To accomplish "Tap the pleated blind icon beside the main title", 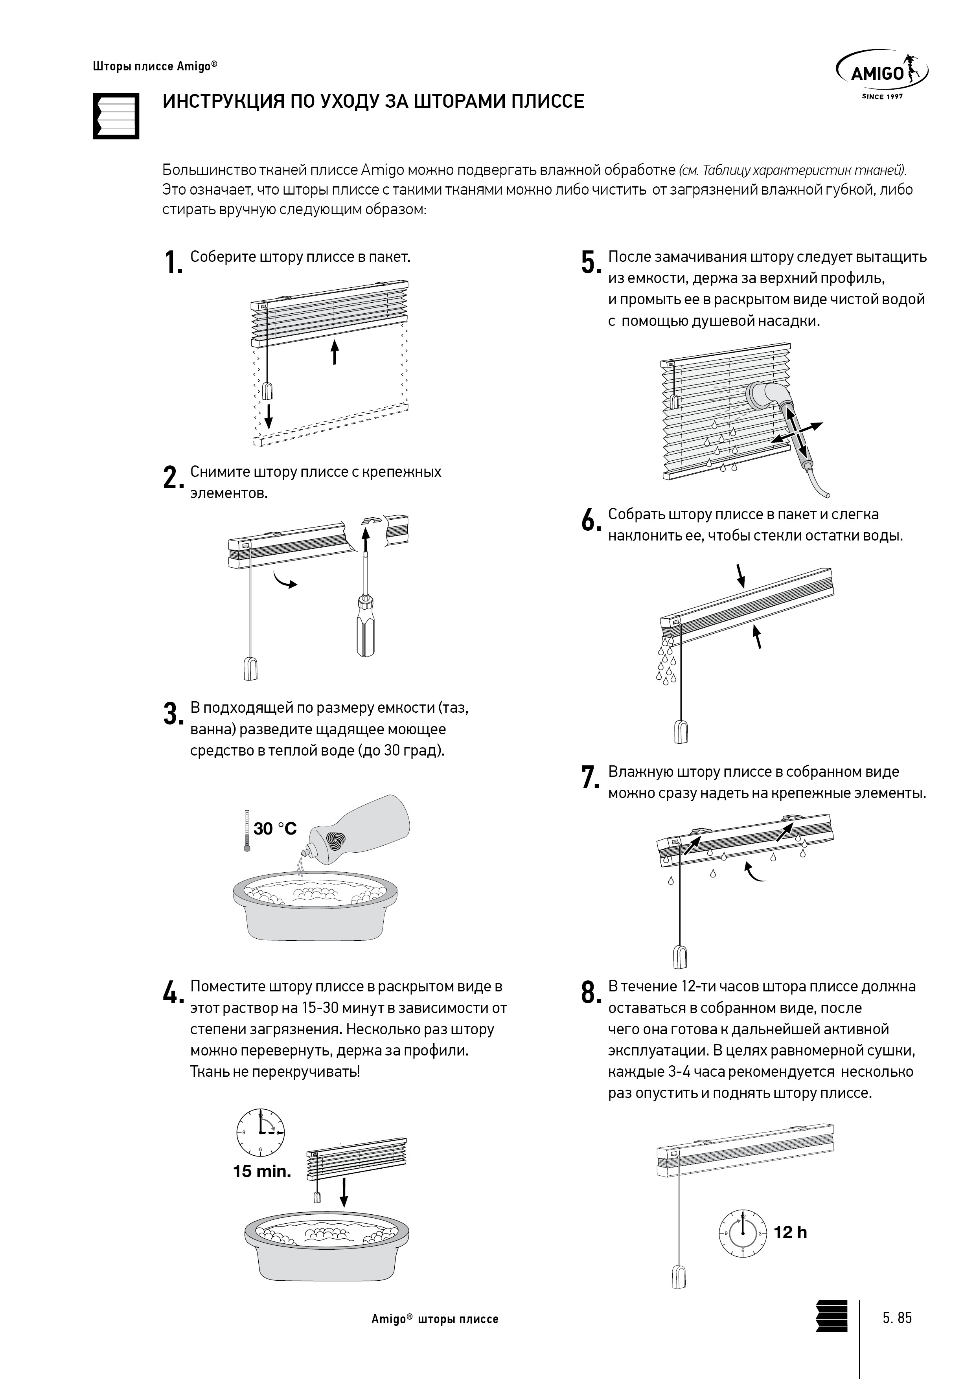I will click(x=116, y=116).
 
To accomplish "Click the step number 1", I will click(x=173, y=263).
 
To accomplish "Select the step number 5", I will click(x=591, y=263).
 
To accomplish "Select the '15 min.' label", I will click(x=262, y=1171).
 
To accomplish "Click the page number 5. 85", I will click(x=897, y=1318).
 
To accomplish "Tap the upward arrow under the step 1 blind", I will click(x=335, y=352).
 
